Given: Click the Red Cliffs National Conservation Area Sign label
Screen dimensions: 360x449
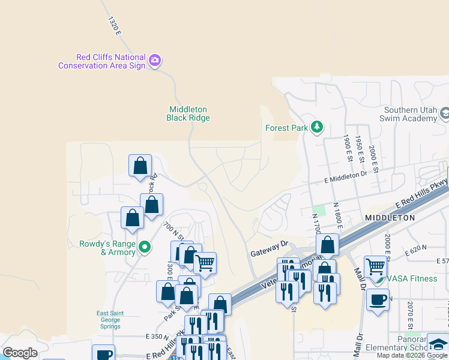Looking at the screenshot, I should pos(102,61).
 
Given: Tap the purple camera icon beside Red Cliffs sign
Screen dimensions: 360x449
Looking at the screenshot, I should pos(155,60).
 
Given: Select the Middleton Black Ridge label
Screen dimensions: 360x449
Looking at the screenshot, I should pos(188,113).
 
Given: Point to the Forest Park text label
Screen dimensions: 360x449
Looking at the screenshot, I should pos(286,128).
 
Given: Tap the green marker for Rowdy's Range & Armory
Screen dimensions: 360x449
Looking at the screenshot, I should pos(144,247).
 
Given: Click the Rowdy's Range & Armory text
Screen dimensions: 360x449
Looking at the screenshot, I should pos(108,248).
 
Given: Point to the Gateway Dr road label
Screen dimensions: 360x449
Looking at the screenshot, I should pos(269,249).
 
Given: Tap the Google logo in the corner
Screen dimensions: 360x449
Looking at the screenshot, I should pos(20,353).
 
